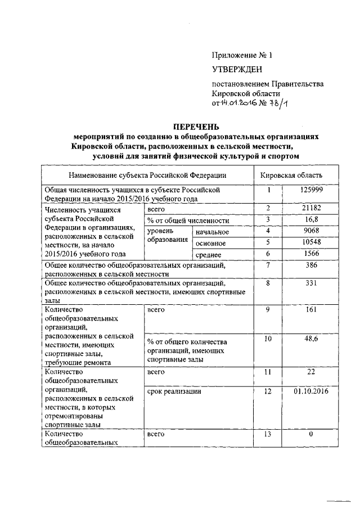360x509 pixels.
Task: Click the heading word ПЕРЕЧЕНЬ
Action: (197, 127)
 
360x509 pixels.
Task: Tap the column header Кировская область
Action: (291, 175)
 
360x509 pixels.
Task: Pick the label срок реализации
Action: (174, 390)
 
